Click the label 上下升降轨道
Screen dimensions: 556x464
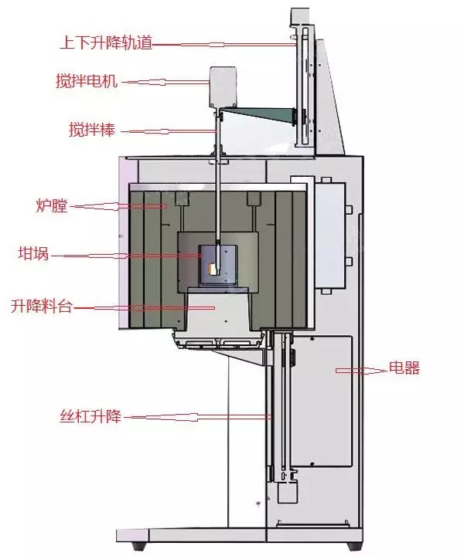[105, 43]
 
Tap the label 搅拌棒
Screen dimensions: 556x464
[92, 130]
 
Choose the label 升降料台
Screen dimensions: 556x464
[41, 307]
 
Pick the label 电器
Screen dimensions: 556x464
[405, 369]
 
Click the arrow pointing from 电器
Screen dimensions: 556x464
[361, 371]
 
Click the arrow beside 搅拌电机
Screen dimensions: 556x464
[165, 80]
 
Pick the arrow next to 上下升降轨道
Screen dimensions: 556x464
[224, 44]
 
